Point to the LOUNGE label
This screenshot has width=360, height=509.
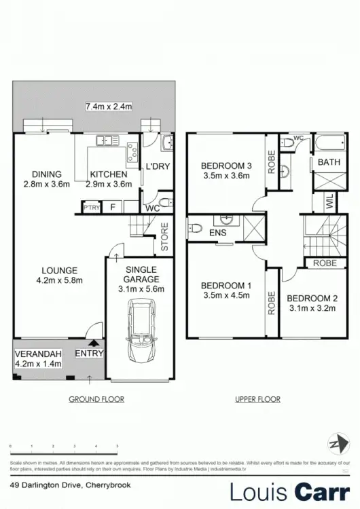pos(58,269)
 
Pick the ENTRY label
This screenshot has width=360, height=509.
pos(89,353)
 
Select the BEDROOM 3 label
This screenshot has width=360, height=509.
pos(226,166)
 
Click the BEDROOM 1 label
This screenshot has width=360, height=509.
pos(227,284)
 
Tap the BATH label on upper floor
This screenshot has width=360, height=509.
pos(329,162)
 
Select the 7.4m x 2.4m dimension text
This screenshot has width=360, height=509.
pos(109,106)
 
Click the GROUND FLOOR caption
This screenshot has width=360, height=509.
pos(96,399)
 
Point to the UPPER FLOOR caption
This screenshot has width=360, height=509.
pos(257,399)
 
